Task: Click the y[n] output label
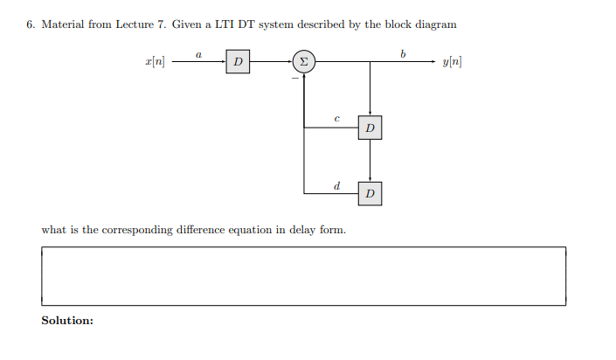[453, 62]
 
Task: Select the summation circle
[303, 62]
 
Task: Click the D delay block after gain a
[239, 62]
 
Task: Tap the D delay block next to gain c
[370, 128]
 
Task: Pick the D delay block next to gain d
[370, 193]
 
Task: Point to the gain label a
[198, 54]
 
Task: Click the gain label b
[403, 53]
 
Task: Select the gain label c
[336, 119]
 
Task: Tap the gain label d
[336, 183]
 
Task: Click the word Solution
[67, 321]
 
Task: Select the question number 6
[31, 24]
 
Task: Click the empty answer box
[303, 276]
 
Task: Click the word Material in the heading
[62, 24]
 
